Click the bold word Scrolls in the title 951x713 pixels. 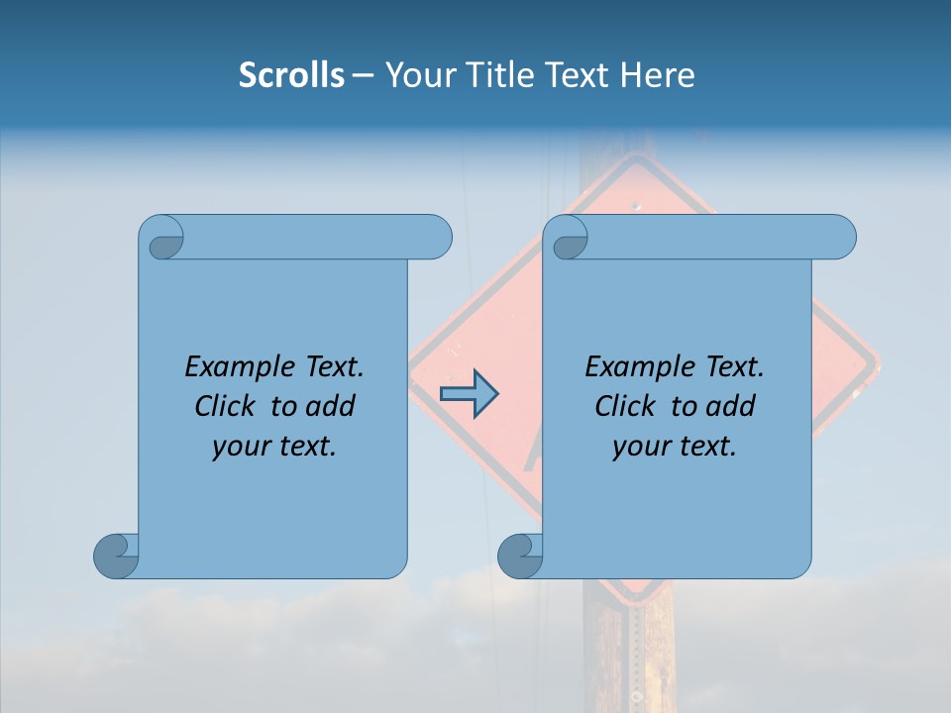pos(292,75)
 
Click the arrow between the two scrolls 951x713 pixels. pos(469,394)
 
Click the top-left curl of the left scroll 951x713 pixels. pos(162,239)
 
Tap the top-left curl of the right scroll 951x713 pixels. pos(568,239)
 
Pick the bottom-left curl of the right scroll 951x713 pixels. pos(521,556)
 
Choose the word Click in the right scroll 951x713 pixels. pos(625,406)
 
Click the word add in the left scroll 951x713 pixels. pos(330,406)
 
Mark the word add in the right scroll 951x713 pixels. pos(730,406)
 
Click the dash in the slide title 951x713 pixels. pos(363,75)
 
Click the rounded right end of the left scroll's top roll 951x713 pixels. pos(436,237)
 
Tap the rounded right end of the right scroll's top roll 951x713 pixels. pos(841,237)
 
